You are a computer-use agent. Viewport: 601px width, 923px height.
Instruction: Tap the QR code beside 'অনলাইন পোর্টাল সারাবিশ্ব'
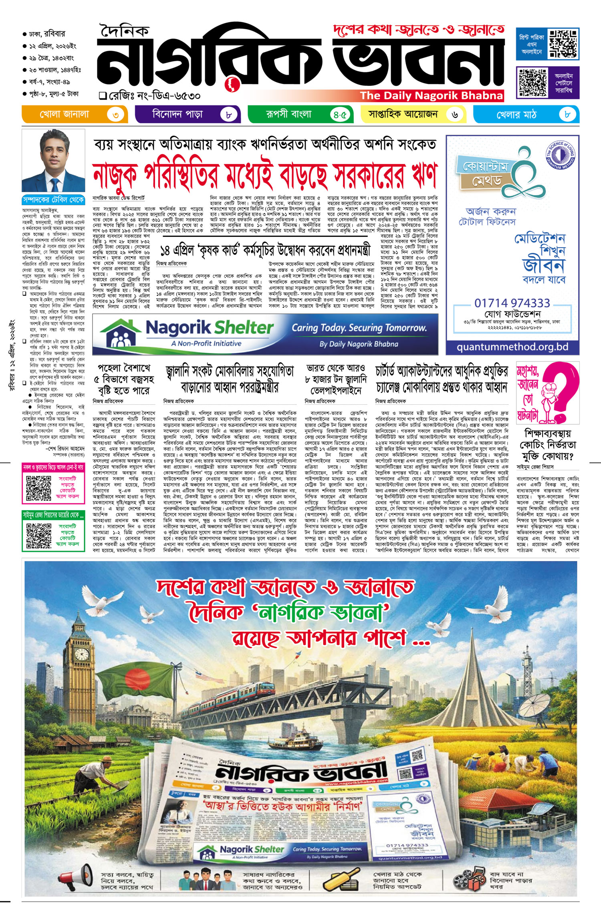point(532,82)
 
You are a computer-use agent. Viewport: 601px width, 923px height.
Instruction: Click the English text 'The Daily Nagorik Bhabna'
point(431,96)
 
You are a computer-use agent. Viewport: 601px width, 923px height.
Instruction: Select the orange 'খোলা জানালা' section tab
point(75,115)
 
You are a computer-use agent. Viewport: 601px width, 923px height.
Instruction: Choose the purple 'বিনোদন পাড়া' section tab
point(188,115)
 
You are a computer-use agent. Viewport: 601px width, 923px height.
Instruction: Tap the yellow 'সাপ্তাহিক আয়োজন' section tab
point(413,115)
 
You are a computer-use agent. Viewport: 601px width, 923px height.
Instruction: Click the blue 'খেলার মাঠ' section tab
point(526,115)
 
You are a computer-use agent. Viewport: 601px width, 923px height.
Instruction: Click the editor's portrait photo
point(53,161)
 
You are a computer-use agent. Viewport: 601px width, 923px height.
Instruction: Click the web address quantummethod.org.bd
point(512,347)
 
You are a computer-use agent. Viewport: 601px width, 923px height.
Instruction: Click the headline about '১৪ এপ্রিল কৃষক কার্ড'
point(264,251)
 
